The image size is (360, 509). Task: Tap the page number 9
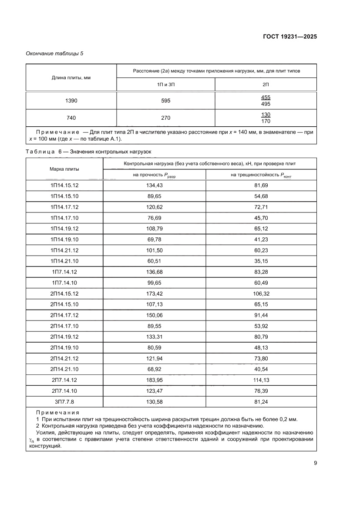[315, 463]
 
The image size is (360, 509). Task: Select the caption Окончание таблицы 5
[54, 54]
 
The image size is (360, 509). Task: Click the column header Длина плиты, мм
[71, 78]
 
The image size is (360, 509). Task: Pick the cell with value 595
[165, 101]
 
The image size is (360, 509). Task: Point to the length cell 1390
[71, 101]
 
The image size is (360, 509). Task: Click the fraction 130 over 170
[266, 118]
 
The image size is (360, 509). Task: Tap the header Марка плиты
[64, 169]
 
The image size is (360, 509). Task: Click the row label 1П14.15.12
[64, 185]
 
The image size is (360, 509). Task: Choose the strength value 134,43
[154, 185]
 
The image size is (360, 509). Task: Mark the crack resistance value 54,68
[261, 196]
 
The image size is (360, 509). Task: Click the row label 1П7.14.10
[64, 283]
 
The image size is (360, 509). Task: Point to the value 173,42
[154, 294]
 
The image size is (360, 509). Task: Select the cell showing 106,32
[261, 294]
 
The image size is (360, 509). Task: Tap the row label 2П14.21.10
[64, 369]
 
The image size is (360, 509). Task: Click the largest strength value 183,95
[154, 380]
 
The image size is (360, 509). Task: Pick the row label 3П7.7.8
[64, 401]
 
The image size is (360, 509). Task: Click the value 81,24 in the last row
[261, 401]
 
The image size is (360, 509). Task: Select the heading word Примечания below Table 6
[57, 412]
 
